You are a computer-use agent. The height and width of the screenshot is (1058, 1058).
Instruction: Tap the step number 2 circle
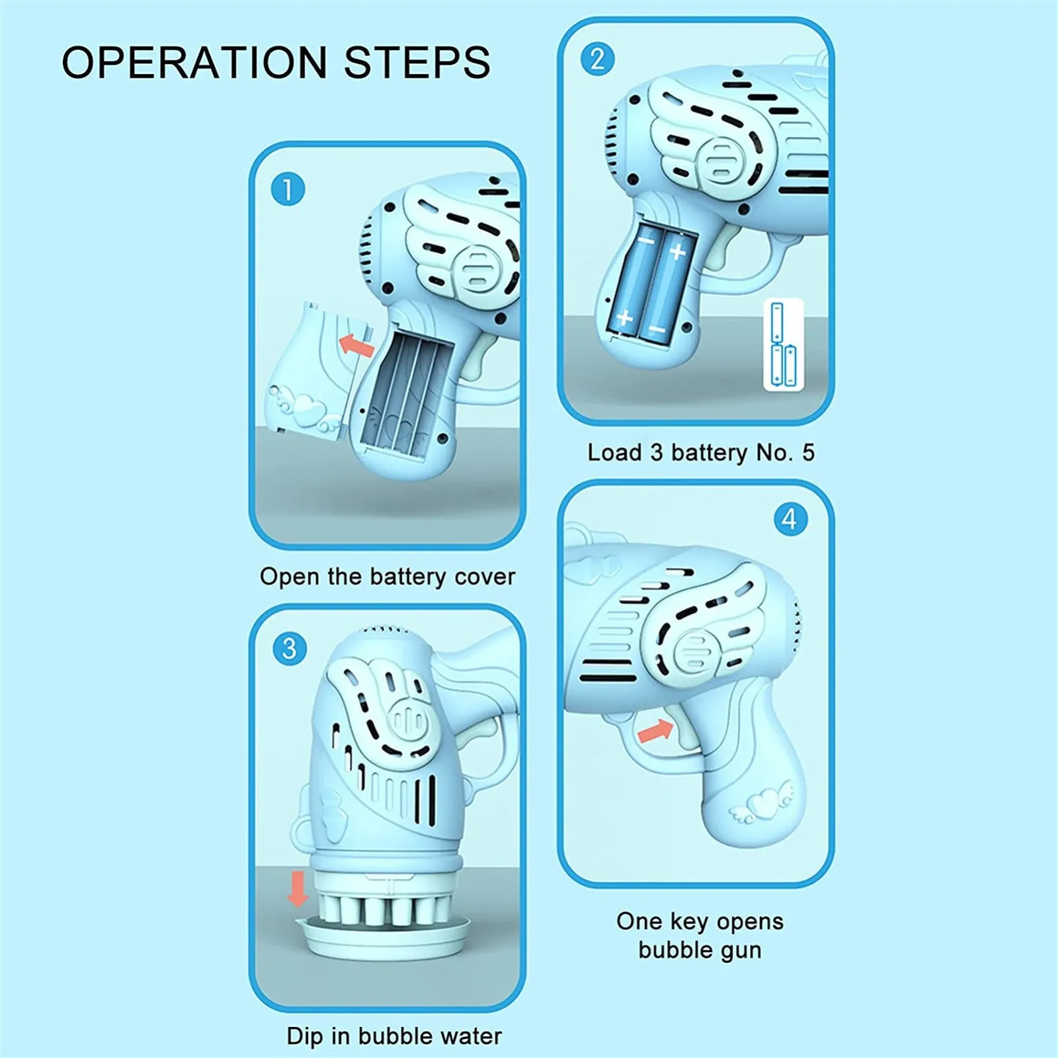598,59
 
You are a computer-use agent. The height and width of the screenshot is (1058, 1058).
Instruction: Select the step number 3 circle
290,649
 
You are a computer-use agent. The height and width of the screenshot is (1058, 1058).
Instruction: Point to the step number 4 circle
791,519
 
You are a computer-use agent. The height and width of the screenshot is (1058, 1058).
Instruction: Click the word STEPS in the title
417,63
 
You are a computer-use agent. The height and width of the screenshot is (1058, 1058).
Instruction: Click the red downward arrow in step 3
298,889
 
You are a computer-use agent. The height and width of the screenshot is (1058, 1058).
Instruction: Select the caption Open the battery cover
387,577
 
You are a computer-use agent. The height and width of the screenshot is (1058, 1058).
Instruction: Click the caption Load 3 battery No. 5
701,453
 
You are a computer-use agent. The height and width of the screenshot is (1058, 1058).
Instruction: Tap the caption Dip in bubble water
394,1036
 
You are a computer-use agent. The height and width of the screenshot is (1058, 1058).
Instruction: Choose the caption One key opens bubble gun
700,936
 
